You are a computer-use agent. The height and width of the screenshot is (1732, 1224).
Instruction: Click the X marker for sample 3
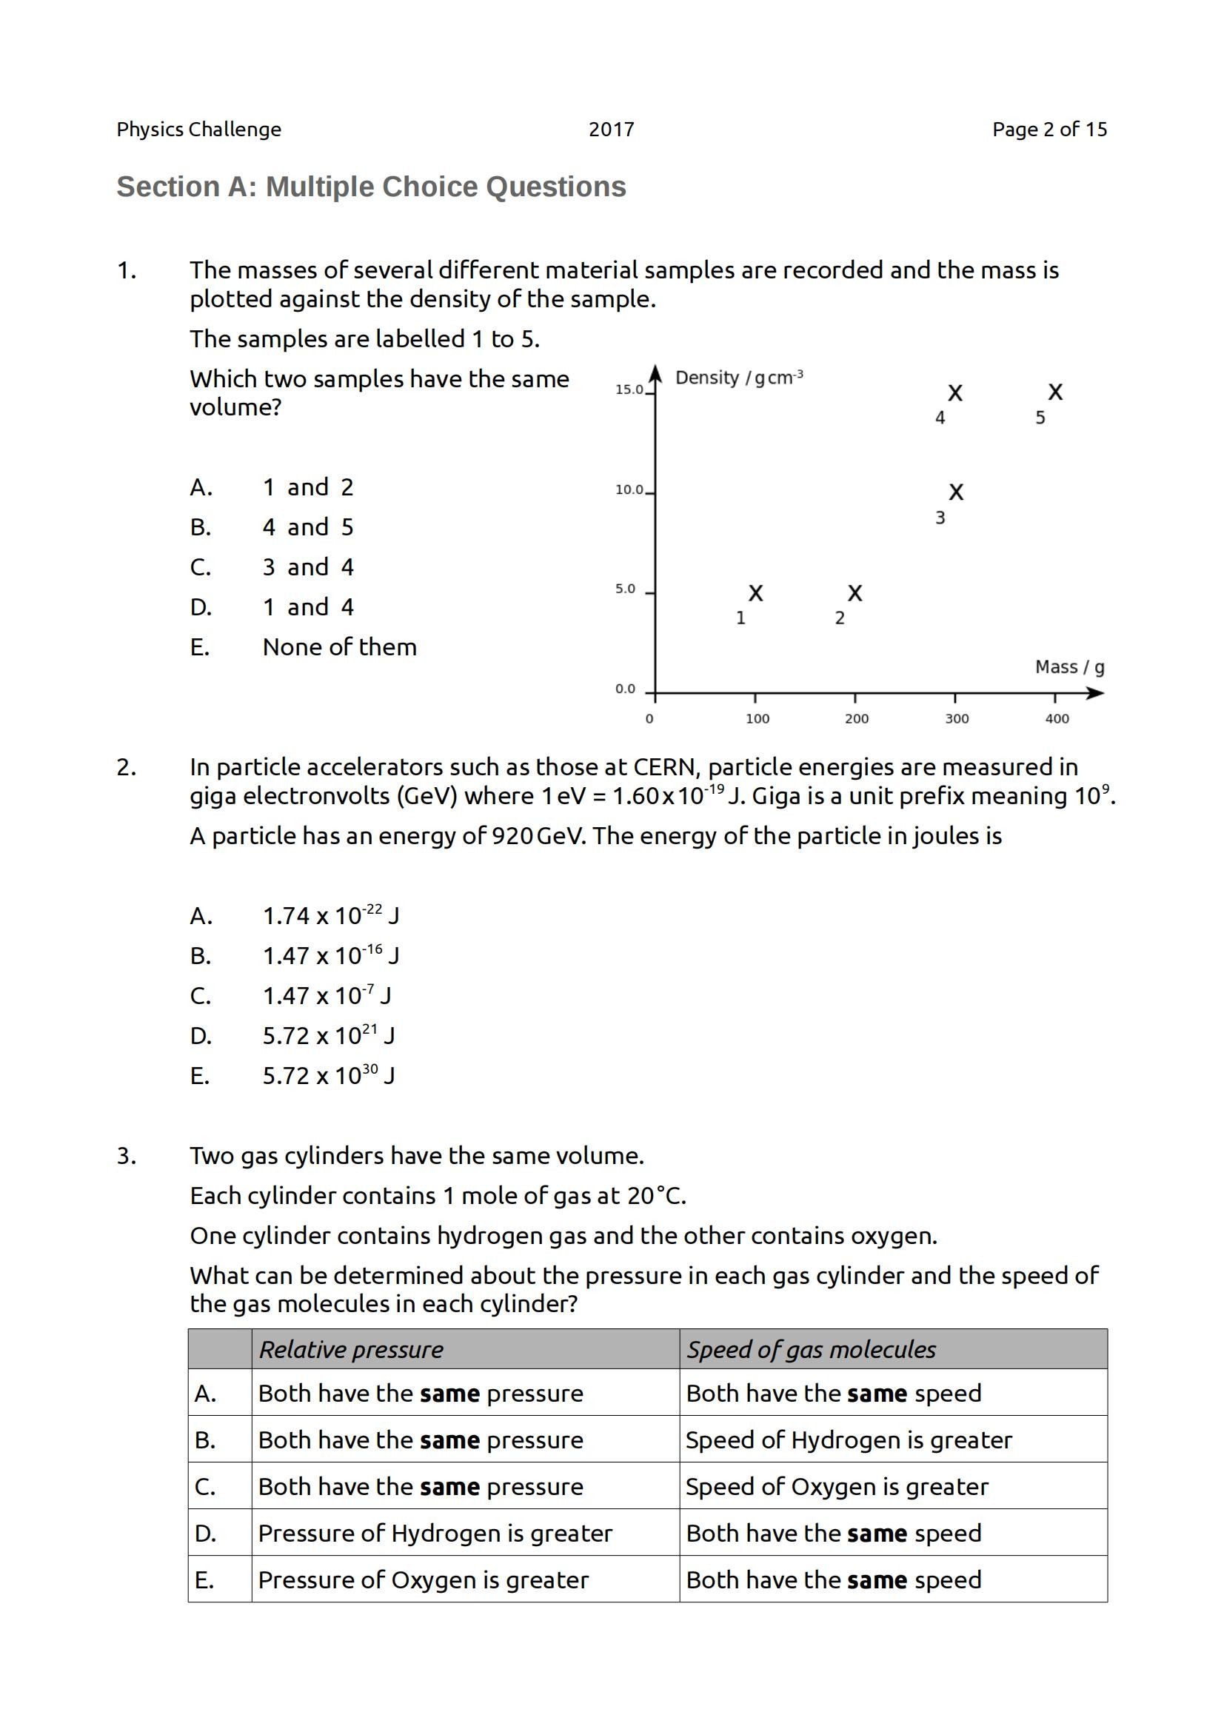pyautogui.click(x=955, y=492)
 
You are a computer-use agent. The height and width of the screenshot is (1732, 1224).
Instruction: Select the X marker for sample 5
pyautogui.click(x=1055, y=392)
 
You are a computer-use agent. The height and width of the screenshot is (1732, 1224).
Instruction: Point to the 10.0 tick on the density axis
pyautogui.click(x=629, y=490)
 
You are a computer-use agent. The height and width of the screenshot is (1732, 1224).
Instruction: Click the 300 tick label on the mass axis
pyautogui.click(x=956, y=719)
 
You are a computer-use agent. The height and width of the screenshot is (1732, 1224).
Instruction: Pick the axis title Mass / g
pyautogui.click(x=1069, y=667)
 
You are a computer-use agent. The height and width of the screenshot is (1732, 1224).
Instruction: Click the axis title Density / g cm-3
pyautogui.click(x=738, y=377)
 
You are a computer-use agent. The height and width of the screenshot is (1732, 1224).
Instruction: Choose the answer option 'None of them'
pyautogui.click(x=339, y=647)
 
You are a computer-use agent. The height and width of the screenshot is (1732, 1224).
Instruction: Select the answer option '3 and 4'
pyautogui.click(x=308, y=567)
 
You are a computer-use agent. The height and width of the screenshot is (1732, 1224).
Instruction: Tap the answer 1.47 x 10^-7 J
pyautogui.click(x=326, y=996)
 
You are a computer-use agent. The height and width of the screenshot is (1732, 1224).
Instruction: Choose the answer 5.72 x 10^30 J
pyautogui.click(x=328, y=1076)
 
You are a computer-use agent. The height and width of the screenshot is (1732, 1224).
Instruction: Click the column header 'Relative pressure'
pyautogui.click(x=351, y=1350)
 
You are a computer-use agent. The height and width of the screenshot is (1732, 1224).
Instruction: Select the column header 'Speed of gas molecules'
pyautogui.click(x=811, y=1350)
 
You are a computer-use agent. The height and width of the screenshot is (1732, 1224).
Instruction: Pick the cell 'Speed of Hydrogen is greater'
pyautogui.click(x=849, y=1440)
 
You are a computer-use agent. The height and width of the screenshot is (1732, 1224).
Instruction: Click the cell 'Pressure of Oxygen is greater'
pyautogui.click(x=423, y=1580)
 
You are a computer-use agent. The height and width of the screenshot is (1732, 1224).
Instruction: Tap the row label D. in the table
pyautogui.click(x=205, y=1534)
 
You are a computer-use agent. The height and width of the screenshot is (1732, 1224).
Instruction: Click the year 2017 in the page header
pyautogui.click(x=611, y=130)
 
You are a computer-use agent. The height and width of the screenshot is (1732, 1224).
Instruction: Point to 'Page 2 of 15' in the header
pyautogui.click(x=1049, y=130)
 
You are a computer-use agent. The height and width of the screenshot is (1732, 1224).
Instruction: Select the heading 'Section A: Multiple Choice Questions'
pyautogui.click(x=371, y=187)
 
